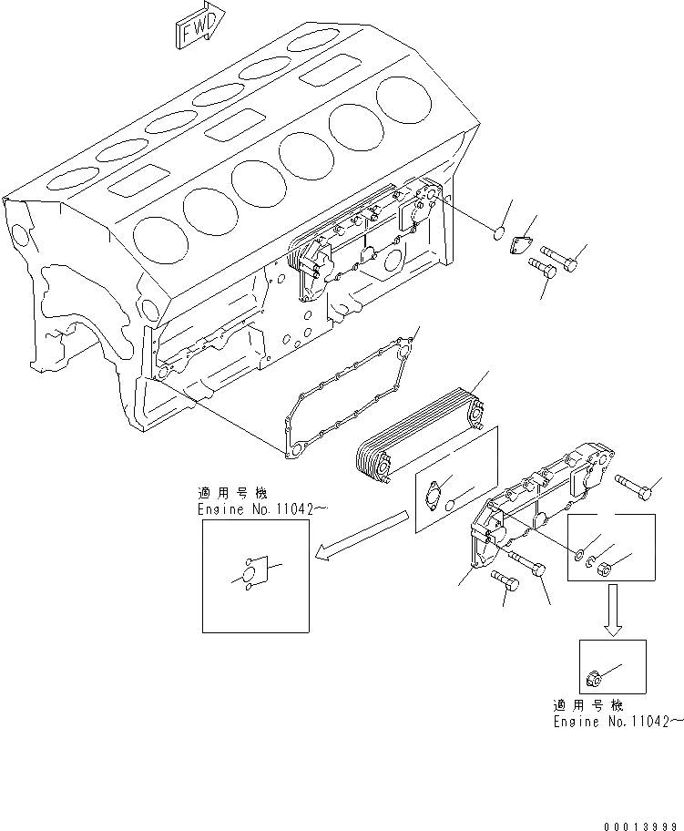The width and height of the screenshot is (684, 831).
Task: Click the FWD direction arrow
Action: (193, 30)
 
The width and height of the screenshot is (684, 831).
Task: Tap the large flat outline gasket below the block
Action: (351, 392)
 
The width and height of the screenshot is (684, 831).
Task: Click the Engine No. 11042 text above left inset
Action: (256, 510)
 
